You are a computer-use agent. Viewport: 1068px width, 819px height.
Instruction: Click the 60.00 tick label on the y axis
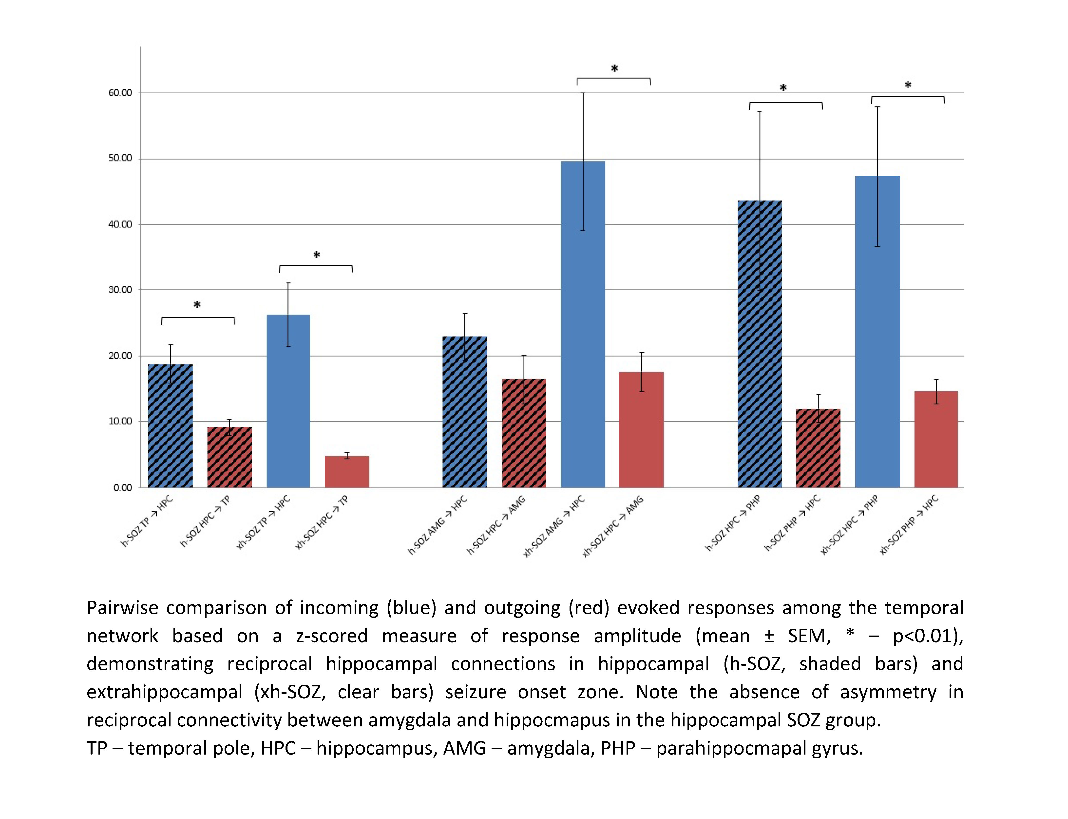point(120,93)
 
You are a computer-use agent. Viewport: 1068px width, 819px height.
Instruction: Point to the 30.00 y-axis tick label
point(120,290)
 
